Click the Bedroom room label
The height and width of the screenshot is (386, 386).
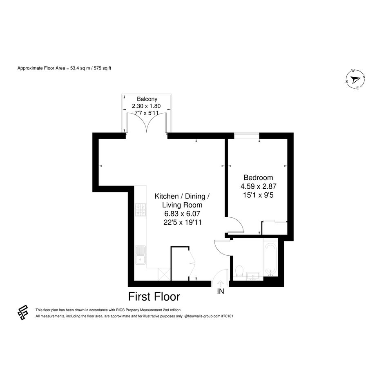click(x=258, y=178)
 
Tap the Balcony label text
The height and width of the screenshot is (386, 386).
click(x=147, y=99)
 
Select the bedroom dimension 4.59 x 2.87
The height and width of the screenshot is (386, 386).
click(x=258, y=186)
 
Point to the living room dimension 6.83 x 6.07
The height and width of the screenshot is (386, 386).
click(x=182, y=214)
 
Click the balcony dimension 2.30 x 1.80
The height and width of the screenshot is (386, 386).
click(x=146, y=106)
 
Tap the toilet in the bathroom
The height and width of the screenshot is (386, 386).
click(x=239, y=272)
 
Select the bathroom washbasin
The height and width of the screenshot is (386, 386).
click(x=253, y=277)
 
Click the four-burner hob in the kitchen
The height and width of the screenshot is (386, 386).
click(x=141, y=210)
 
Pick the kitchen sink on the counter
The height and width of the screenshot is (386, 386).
click(x=141, y=255)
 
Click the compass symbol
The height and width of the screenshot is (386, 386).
click(x=355, y=80)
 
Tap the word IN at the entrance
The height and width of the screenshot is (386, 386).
click(x=221, y=291)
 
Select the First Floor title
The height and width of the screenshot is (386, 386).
click(x=154, y=297)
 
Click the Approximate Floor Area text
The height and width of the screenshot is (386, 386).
click(x=64, y=68)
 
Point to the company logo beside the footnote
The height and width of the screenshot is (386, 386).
click(x=23, y=312)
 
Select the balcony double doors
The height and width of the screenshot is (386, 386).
click(x=147, y=123)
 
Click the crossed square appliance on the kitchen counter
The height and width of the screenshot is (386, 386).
click(x=164, y=274)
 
